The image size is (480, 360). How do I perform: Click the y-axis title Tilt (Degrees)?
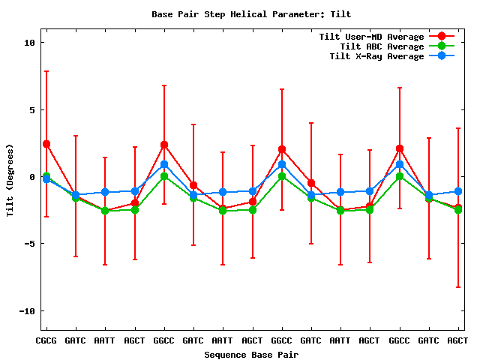pyautogui.click(x=10, y=179)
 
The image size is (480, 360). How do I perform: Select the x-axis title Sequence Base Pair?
pyautogui.click(x=250, y=354)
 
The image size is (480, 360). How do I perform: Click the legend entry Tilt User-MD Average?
pyautogui.click(x=371, y=37)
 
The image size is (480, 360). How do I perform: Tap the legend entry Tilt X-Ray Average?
pyautogui.click(x=376, y=56)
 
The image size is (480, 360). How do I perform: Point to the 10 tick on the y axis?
pyautogui.click(x=30, y=43)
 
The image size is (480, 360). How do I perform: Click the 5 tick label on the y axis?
pyautogui.click(x=32, y=109)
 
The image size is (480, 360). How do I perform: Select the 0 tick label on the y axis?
pyautogui.click(x=32, y=177)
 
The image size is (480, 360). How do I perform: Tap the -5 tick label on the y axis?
pyautogui.click(x=30, y=244)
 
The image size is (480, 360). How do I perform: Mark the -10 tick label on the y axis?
pyautogui.click(x=27, y=310)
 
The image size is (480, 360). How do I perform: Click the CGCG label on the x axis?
pyautogui.click(x=46, y=340)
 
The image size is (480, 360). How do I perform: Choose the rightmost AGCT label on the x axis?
pyautogui.click(x=457, y=340)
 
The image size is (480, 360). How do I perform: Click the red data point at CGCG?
pyautogui.click(x=46, y=144)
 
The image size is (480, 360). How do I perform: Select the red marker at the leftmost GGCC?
pyautogui.click(x=164, y=145)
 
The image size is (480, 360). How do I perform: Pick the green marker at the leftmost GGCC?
pyautogui.click(x=164, y=176)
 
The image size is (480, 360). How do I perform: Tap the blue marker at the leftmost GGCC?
pyautogui.click(x=164, y=164)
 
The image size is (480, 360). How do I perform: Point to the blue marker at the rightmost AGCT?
pyautogui.click(x=457, y=191)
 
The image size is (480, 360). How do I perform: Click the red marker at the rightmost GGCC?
pyautogui.click(x=400, y=148)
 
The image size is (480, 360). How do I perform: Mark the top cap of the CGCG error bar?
pyautogui.click(x=46, y=71)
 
